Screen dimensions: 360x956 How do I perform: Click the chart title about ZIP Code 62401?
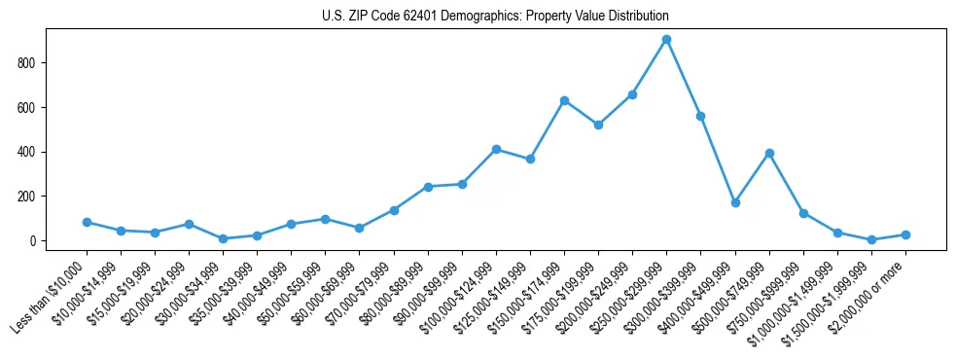[495, 17]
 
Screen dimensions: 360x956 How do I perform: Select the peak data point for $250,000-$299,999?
[666, 40]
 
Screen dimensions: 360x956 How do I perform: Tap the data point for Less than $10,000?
[87, 222]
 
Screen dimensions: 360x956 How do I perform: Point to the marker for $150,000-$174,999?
[564, 100]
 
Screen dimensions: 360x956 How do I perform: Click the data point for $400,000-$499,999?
[735, 202]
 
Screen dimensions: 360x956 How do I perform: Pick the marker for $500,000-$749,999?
[769, 153]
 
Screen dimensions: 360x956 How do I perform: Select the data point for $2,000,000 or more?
[905, 234]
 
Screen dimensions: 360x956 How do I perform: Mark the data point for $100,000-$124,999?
[496, 149]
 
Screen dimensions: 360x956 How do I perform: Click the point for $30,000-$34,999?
[223, 238]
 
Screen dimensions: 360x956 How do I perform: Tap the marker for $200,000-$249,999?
[632, 94]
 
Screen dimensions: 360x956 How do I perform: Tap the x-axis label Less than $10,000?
[49, 296]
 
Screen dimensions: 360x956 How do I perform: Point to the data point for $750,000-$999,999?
[803, 213]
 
